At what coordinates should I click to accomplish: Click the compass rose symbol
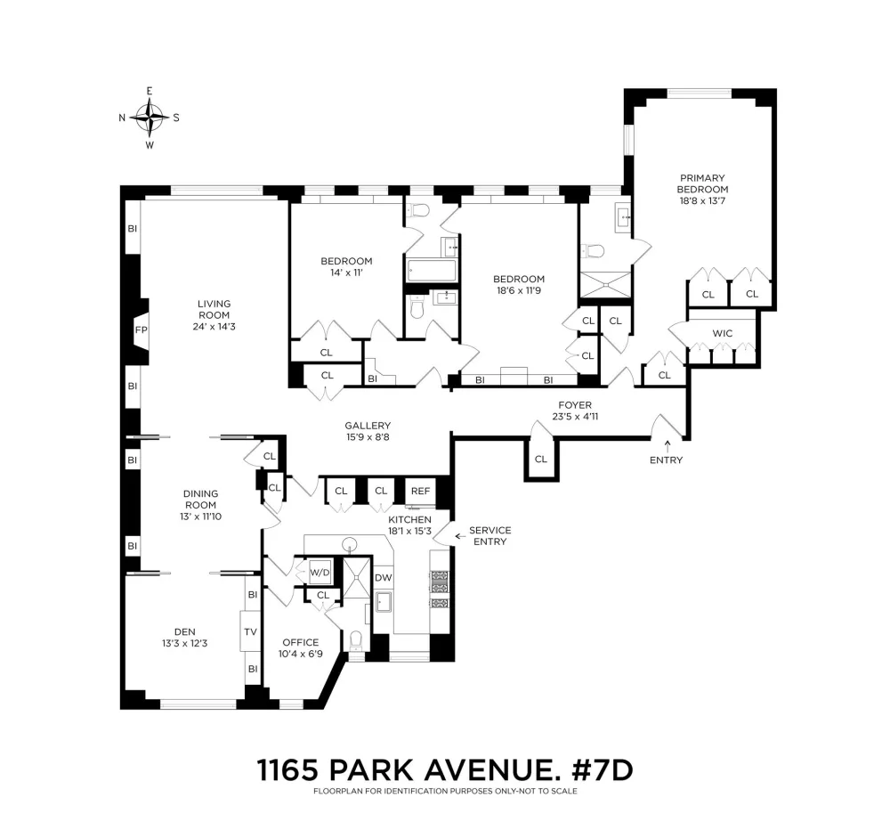150,118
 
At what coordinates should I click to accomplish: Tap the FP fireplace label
142,330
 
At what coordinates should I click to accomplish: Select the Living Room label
214,309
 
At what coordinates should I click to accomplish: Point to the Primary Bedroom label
702,183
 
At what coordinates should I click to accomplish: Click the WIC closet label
722,333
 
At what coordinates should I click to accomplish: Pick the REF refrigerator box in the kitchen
421,491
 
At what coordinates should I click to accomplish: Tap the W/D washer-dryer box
320,573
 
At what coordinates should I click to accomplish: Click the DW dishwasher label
383,578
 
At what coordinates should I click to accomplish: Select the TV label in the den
250,631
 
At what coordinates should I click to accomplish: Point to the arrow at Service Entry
460,536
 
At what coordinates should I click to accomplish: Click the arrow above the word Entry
667,445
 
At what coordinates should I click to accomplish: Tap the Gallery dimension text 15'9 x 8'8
368,437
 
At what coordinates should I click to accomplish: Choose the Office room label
300,642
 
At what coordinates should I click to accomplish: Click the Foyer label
575,405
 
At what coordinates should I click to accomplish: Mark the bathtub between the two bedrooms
432,271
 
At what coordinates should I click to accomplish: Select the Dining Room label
200,500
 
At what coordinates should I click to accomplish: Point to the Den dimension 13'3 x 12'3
184,644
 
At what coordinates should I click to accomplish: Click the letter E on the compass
150,91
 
